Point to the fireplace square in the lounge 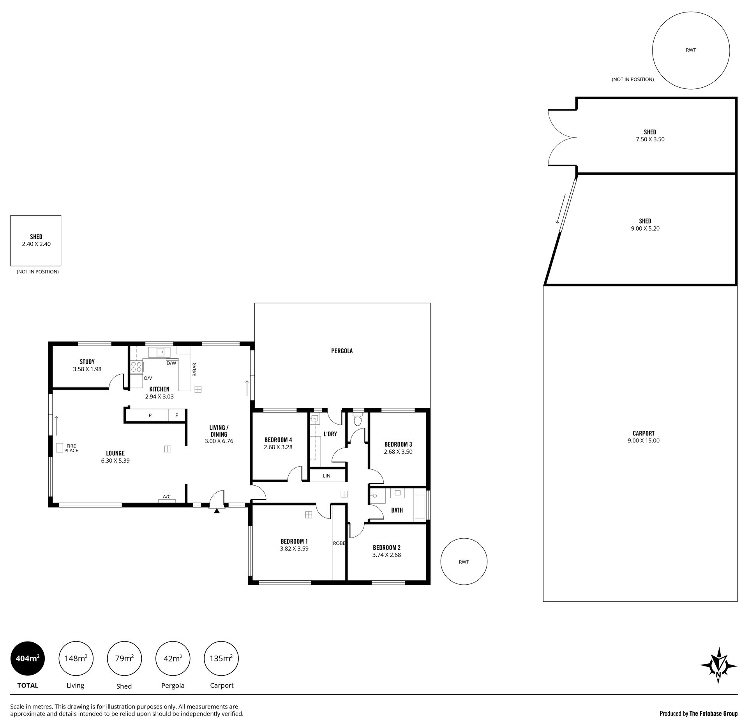(x=60, y=448)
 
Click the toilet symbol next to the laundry (x=358, y=420)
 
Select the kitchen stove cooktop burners (x=136, y=367)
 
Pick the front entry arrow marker (x=217, y=511)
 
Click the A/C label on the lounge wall (x=167, y=497)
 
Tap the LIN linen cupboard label (x=326, y=476)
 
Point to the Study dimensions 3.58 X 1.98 (x=87, y=369)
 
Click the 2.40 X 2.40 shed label (x=36, y=244)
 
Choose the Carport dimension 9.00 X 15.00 (x=644, y=441)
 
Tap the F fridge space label (x=176, y=415)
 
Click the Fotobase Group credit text (x=699, y=714)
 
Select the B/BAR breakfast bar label (x=194, y=370)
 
